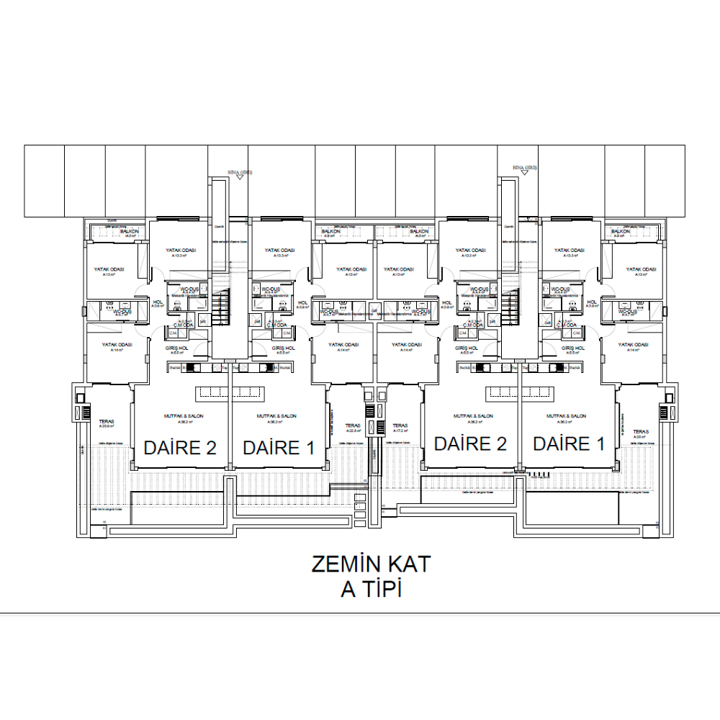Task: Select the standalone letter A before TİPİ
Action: point(348,590)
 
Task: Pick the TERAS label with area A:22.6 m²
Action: point(352,426)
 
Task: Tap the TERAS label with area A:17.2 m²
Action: point(400,426)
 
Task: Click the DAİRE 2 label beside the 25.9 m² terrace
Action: point(180,447)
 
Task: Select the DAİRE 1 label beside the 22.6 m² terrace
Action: point(279,447)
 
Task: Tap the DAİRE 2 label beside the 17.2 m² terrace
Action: point(470,444)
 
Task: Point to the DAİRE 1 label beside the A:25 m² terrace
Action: point(569,444)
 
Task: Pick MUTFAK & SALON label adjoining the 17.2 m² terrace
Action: point(473,416)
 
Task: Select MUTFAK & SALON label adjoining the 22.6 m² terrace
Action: point(277,416)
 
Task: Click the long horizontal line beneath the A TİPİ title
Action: point(360,614)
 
